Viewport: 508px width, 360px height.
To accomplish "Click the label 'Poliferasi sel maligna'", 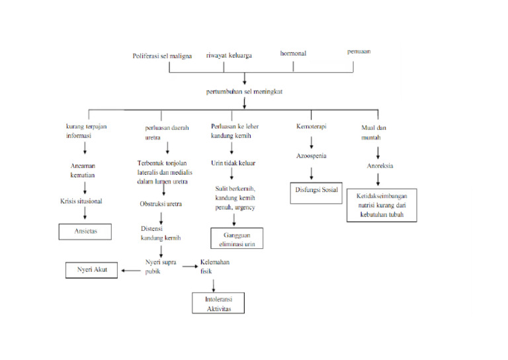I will [162, 56].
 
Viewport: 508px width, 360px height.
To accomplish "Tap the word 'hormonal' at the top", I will [294, 52].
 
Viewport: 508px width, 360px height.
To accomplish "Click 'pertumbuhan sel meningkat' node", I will [245, 91].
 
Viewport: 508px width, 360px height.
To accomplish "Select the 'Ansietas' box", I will [84, 232].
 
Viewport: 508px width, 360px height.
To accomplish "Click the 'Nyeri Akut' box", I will [91, 270].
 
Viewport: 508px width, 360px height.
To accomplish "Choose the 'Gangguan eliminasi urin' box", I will [236, 239].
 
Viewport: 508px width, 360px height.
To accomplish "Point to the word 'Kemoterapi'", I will [311, 126].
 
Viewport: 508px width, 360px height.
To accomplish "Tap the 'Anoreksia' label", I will [380, 166].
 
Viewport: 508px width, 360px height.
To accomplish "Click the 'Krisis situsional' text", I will [81, 201].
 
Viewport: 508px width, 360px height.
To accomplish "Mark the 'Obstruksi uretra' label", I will [161, 204].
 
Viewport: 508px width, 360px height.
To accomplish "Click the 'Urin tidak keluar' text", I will [233, 162].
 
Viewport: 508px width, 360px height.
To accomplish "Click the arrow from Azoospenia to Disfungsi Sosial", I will [312, 173].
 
